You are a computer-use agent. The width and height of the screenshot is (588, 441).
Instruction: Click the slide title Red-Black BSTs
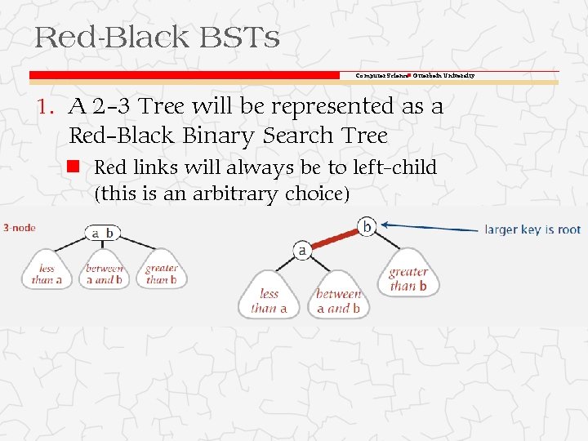pyautogui.click(x=157, y=37)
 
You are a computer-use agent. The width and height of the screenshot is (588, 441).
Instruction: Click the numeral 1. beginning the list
pyautogui.click(x=46, y=107)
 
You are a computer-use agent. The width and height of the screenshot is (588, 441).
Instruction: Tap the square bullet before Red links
pyautogui.click(x=73, y=167)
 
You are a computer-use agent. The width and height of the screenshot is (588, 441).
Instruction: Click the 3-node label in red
pyautogui.click(x=19, y=227)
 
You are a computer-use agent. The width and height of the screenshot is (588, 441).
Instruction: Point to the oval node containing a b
pyautogui.click(x=102, y=233)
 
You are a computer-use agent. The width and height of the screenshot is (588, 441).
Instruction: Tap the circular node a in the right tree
pyautogui.click(x=301, y=251)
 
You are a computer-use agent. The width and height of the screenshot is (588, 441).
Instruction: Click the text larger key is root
pyautogui.click(x=532, y=229)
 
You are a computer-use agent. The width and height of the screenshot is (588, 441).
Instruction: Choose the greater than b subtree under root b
pyautogui.click(x=408, y=278)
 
